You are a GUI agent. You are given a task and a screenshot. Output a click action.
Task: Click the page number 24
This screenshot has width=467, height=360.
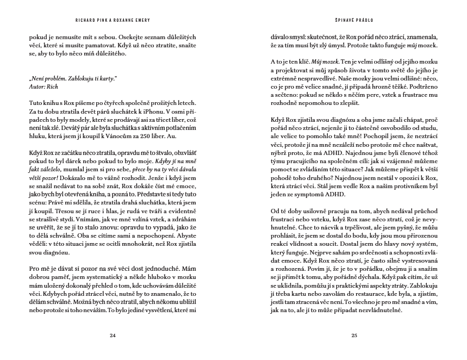[113, 336]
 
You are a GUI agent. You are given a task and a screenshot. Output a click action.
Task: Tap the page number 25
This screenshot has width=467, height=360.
[354, 336]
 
